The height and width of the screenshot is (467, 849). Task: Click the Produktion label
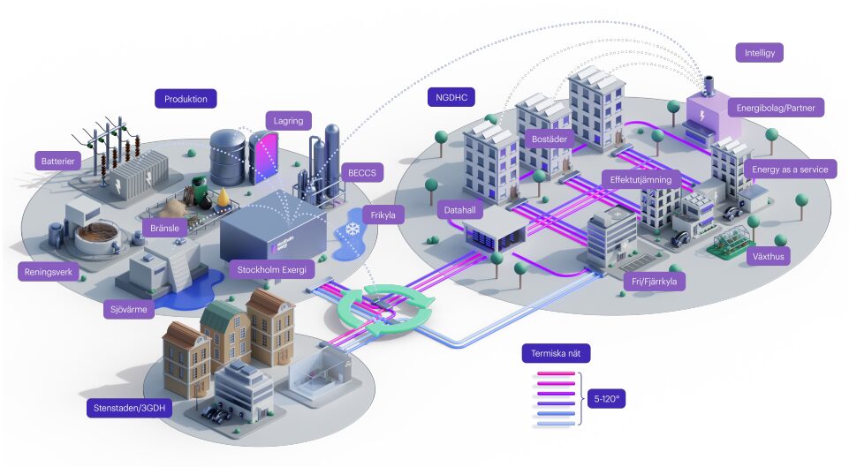(186, 99)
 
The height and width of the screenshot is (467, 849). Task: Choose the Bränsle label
(166, 228)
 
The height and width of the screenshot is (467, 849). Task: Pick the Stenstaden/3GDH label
(129, 408)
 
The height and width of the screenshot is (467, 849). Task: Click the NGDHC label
(451, 96)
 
